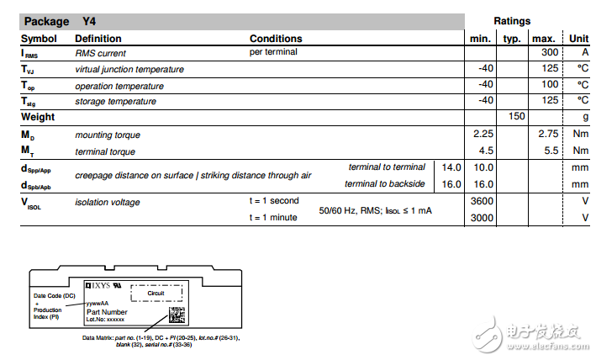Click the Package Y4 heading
coord(60,21)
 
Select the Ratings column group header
coord(512,21)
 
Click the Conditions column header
coord(276,39)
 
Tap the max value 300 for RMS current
coord(545,53)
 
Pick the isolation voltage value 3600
coord(482,202)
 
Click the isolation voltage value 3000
coord(482,217)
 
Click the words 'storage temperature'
coord(115,101)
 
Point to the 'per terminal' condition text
coord(274,53)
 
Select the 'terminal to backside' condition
coord(384,183)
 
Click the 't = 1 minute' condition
coord(274,217)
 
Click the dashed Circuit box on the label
coord(156,293)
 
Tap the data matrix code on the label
coord(177,315)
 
